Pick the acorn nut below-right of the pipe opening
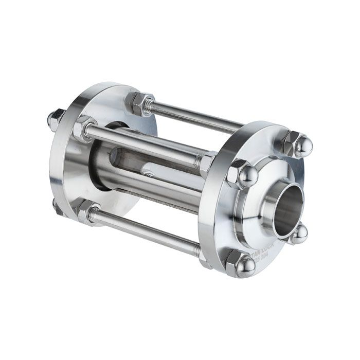pyautogui.click(x=298, y=234)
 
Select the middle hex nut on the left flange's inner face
pyautogui.click(x=84, y=128)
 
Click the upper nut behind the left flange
pyautogui.click(x=56, y=119)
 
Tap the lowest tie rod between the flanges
pyautogui.click(x=149, y=231)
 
